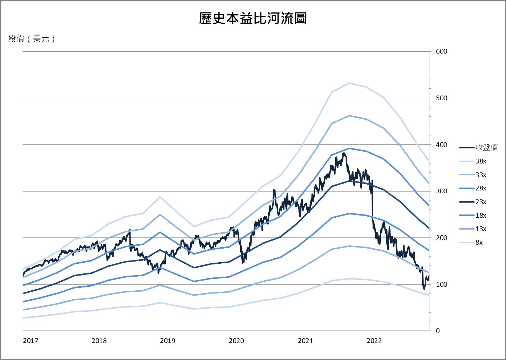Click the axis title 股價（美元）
pos(32,39)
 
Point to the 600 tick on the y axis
pos(441,51)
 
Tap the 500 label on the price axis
pos(441,98)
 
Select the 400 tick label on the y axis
pos(441,145)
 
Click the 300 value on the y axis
pos(441,191)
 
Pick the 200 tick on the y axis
pos(441,238)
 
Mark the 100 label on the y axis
pos(441,285)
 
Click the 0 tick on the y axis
pos(438,331)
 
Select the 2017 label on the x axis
pos(31,341)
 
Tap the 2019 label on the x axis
pos(168,341)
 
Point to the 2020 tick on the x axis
pos(236,341)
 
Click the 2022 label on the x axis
pos(374,341)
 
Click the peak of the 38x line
pos(349,83)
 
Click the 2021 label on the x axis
pos(305,341)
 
